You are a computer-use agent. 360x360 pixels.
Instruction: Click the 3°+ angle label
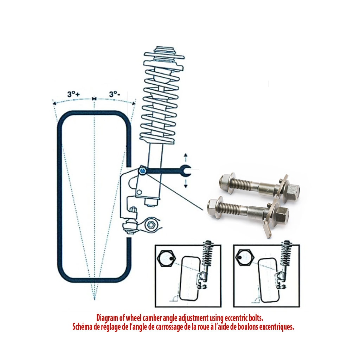[x=73, y=94]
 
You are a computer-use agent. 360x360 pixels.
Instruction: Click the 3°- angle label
[x=114, y=94]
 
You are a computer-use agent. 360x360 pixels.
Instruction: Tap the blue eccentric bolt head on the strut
[x=143, y=171]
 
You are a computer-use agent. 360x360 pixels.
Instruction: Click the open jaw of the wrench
[x=186, y=171]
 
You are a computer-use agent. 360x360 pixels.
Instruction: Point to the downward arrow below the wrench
[x=186, y=183]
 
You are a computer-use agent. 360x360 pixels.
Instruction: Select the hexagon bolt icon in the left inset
[x=166, y=258]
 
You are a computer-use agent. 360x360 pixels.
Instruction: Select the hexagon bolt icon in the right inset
[x=245, y=257]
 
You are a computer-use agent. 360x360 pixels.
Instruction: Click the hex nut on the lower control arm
[x=151, y=224]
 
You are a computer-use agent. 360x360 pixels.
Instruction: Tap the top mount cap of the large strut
[x=164, y=51]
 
